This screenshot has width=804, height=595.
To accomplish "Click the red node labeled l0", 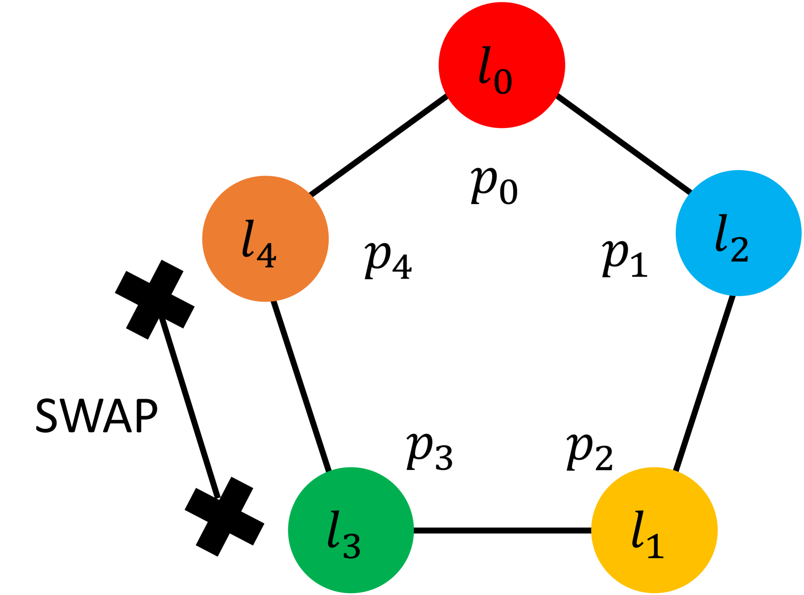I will (x=501, y=65).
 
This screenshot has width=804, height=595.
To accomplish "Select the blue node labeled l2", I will (x=738, y=233).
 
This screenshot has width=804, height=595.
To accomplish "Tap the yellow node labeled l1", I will (x=654, y=530).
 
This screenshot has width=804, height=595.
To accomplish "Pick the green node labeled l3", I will (x=351, y=530).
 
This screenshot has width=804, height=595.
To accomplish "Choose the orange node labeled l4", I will (x=265, y=238).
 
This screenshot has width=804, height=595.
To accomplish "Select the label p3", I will (x=429, y=452).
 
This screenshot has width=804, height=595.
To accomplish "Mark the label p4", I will (x=388, y=260).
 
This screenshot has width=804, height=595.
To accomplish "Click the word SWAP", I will (x=96, y=416).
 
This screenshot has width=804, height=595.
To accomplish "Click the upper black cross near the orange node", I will (x=154, y=299).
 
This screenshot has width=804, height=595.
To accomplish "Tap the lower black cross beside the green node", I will (x=225, y=517).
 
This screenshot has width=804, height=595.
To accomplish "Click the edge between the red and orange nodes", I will (x=379, y=145).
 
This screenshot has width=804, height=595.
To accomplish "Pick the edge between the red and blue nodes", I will (x=623, y=144).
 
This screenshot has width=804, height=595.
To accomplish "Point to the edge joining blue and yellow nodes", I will (x=705, y=383).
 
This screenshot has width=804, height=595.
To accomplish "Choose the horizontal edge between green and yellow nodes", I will (x=502, y=531).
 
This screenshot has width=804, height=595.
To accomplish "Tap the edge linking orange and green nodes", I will (x=302, y=386).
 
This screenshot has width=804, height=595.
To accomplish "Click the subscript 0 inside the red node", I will (x=503, y=81).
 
